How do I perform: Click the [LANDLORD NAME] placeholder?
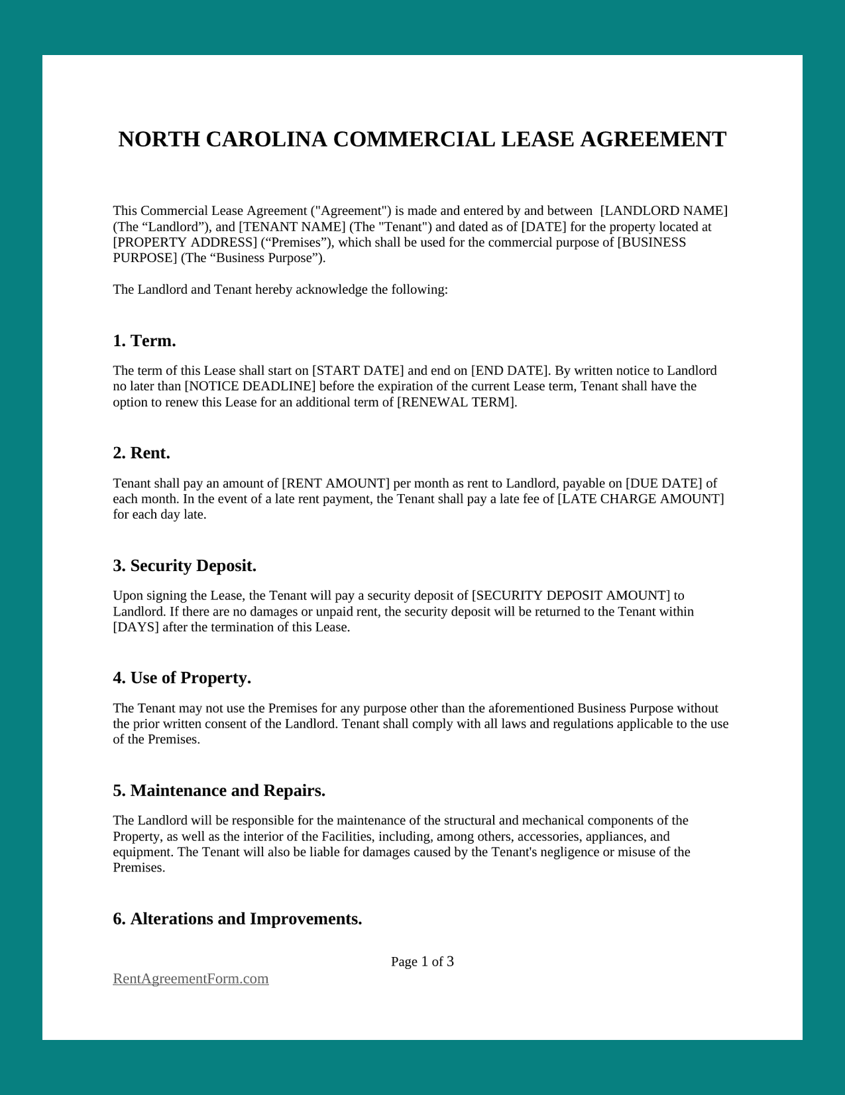tap(663, 211)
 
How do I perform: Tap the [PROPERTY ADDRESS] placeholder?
tap(185, 243)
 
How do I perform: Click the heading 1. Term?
tap(144, 341)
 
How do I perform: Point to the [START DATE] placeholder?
tap(358, 371)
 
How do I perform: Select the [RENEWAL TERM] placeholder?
tap(456, 403)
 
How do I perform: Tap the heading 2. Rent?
tap(141, 453)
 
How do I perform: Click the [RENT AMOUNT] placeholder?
tap(335, 483)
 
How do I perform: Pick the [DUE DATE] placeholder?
tap(664, 483)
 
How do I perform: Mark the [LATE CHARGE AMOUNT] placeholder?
tap(641, 499)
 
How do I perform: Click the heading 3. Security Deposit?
tap(184, 566)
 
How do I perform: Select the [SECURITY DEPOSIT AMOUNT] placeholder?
tap(571, 596)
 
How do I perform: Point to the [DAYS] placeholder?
tap(136, 627)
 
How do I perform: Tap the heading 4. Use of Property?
tap(182, 678)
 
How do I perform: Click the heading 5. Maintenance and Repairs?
tap(219, 791)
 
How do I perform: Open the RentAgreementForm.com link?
tap(191, 979)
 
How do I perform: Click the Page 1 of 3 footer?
tap(422, 962)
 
